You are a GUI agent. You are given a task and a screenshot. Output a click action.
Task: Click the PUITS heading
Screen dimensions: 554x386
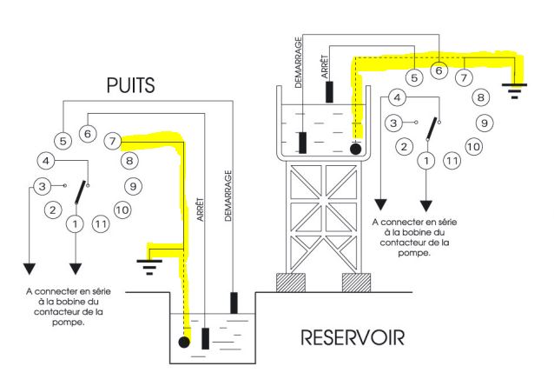tap(131, 85)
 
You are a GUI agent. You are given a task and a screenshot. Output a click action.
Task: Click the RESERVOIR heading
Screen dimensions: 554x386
tap(353, 337)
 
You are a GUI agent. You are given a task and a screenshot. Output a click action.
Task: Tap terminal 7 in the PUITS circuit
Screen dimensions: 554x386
tap(112, 142)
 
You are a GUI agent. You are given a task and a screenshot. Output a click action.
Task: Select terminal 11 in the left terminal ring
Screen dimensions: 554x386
tap(101, 223)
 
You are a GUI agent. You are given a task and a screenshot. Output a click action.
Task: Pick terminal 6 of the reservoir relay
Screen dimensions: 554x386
tap(439, 70)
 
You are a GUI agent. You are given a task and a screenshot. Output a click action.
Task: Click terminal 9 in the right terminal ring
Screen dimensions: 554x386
tap(484, 123)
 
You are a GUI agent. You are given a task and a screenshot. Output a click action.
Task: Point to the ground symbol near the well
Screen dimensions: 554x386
tap(149, 267)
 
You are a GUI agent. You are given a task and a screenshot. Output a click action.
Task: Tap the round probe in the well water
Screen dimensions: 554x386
tap(184, 343)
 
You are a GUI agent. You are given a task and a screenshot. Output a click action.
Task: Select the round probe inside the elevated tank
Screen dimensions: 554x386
tap(355, 149)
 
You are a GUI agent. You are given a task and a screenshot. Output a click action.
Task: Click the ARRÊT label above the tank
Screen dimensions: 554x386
tap(325, 67)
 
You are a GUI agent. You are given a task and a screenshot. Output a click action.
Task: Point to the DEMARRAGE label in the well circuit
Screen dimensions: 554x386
tap(228, 196)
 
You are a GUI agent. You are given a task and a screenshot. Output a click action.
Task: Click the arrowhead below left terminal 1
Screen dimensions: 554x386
tap(76, 269)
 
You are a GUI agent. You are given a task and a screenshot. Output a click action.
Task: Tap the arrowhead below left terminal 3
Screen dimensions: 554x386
tap(30, 269)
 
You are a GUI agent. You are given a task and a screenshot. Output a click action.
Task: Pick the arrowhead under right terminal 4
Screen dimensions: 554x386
tap(380, 205)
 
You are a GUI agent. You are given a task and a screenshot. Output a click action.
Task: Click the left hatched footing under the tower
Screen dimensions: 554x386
tap(290, 283)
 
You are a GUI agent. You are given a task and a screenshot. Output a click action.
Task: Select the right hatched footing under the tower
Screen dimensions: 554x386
tap(357, 283)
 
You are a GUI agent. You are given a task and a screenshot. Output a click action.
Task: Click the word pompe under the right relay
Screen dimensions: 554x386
tap(413, 253)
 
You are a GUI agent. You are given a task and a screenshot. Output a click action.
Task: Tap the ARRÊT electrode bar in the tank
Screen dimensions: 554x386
tap(329, 92)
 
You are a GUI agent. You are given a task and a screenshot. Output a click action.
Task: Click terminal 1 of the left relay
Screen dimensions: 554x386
tap(75, 223)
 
